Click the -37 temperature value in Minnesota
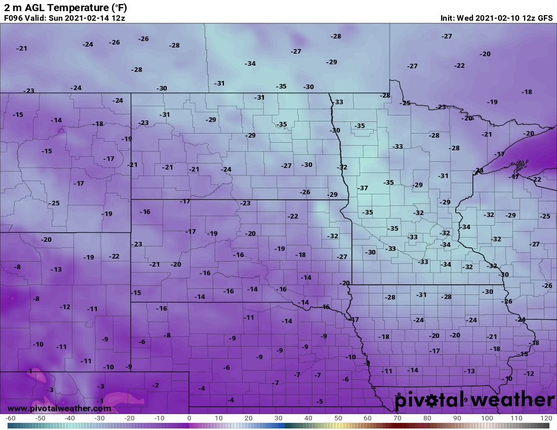(363, 188)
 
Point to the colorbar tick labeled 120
(545, 418)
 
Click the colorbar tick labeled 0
(189, 418)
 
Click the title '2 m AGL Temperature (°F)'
(66, 8)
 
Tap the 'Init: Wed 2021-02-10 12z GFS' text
(497, 18)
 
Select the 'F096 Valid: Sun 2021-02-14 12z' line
(64, 18)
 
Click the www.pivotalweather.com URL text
(59, 408)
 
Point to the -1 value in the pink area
(100, 401)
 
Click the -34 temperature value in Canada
(250, 64)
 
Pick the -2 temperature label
(155, 385)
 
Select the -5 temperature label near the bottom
(320, 401)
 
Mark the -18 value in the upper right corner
(527, 92)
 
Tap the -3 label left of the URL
(50, 390)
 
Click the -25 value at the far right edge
(545, 217)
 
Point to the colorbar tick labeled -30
(100, 418)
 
